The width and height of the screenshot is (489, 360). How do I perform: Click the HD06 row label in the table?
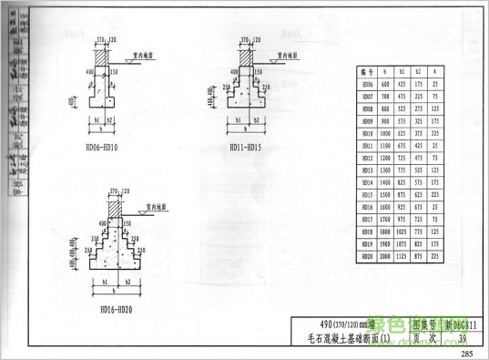tap(368, 83)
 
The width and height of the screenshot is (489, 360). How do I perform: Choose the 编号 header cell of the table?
tap(368, 70)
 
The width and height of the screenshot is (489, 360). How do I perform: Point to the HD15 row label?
tap(368, 195)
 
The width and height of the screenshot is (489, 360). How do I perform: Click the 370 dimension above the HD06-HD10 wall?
tap(98, 40)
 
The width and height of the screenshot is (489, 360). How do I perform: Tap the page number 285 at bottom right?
tap(467, 355)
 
